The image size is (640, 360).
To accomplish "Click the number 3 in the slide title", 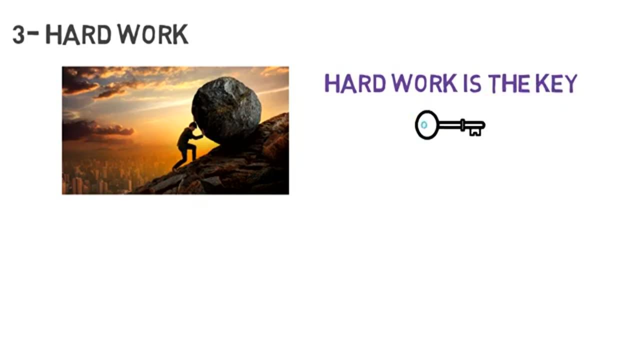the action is pos(19,34).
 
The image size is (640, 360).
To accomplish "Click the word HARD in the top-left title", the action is pos(78,34).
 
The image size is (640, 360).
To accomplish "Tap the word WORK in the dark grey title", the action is pos(153,34).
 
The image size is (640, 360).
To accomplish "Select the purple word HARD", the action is pos(355,83).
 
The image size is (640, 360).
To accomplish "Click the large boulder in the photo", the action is pos(226,110).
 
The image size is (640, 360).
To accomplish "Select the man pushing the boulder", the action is pos(187,146).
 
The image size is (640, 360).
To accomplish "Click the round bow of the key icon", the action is pos(427,125).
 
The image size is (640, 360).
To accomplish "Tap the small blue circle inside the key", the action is pos(424,125).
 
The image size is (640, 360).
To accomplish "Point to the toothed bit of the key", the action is pos(475,131).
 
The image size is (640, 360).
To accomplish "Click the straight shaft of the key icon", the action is pos(450,125).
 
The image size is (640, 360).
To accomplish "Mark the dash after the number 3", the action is pos(33,32).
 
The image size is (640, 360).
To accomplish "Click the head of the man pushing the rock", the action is pos(193,125).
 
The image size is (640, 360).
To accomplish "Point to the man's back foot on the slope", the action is pos(174,169).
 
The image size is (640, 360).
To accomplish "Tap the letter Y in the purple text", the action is pos(570,83).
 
